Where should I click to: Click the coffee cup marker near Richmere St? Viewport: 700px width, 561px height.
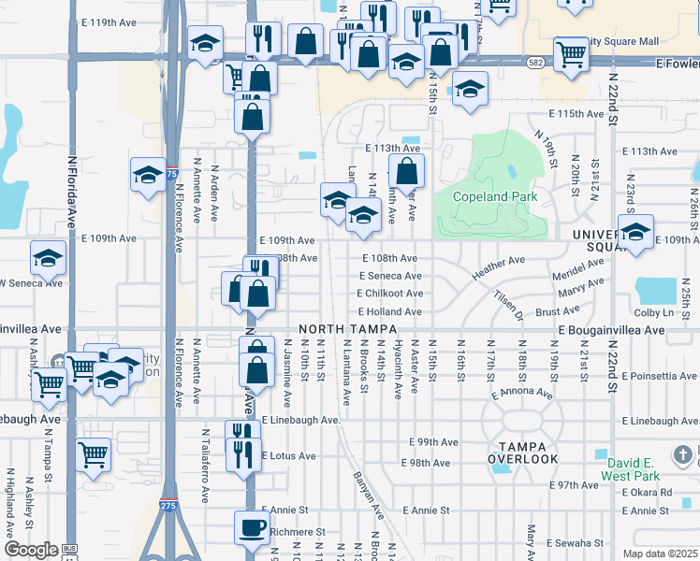[252, 527]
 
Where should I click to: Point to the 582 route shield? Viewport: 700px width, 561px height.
[535, 63]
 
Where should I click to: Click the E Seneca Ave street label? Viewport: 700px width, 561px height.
[390, 276]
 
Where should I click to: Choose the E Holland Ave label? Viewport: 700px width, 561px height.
[389, 311]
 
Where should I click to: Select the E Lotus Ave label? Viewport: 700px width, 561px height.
[287, 456]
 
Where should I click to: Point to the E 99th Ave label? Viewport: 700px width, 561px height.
[434, 441]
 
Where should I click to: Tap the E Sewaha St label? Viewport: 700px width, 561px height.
[571, 542]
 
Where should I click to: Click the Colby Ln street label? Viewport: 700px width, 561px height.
[654, 312]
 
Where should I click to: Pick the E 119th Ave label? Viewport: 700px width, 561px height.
[109, 21]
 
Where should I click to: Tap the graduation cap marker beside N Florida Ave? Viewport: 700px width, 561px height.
[49, 258]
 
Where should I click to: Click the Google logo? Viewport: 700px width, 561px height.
[31, 550]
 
